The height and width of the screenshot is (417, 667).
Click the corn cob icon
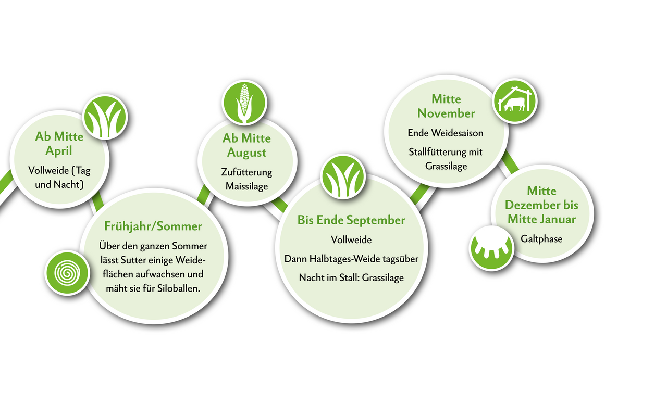click(244, 103)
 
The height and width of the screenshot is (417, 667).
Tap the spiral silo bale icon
click(67, 273)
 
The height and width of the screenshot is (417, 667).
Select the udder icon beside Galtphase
click(491, 248)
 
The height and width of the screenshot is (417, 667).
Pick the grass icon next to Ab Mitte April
click(105, 117)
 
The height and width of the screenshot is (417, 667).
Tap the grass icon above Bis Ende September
click(343, 176)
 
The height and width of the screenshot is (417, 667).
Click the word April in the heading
click(59, 151)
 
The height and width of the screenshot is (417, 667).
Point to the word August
click(246, 153)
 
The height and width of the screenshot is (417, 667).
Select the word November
click(446, 113)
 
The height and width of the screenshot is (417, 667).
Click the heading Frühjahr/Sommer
click(153, 226)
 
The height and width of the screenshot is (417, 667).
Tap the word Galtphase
click(541, 239)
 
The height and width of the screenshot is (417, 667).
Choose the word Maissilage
click(246, 186)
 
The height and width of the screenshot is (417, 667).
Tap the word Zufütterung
click(246, 172)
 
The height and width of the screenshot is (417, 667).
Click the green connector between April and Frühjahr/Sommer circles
click(97, 201)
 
